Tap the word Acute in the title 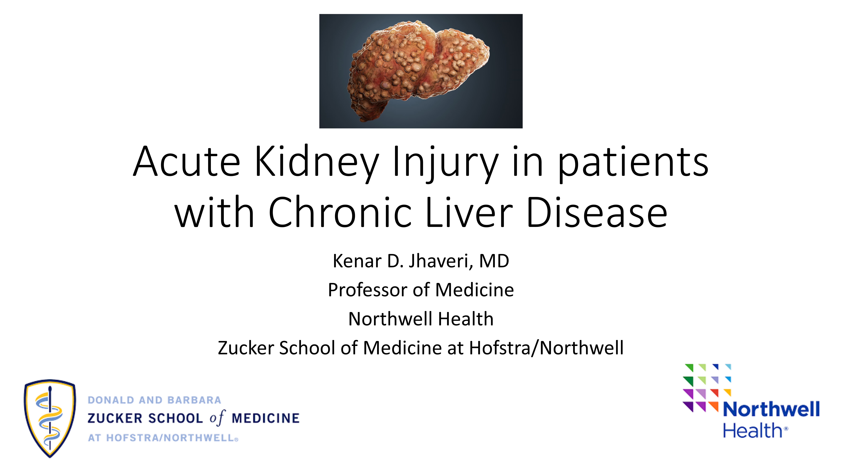187,161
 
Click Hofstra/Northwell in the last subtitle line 546,348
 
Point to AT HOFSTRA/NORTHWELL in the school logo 163,438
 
